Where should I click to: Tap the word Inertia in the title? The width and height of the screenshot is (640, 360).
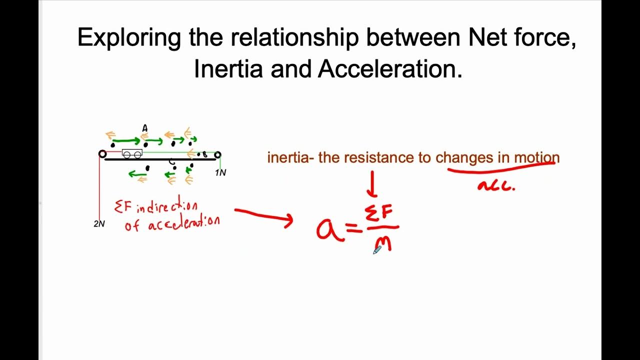pos(228,69)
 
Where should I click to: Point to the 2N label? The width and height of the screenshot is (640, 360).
pos(99,224)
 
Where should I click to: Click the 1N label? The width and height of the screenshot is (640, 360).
pos(220,173)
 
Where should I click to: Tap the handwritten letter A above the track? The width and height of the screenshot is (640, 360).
pos(145,128)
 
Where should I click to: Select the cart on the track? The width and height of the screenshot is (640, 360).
pos(132,154)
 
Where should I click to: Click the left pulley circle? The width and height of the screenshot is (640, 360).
pos(102,154)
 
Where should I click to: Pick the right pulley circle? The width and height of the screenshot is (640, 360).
pos(217,155)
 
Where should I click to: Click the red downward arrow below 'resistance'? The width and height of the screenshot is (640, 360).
pos(372,184)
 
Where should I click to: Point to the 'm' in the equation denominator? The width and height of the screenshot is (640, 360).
pos(382,244)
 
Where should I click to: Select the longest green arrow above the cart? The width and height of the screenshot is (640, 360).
pos(126,141)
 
